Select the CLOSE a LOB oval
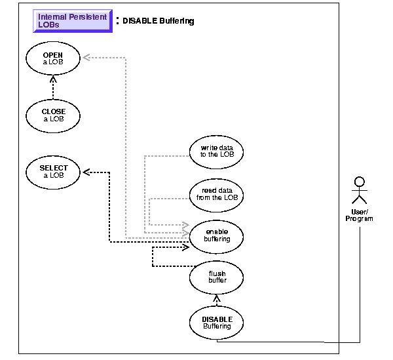coord(54,115)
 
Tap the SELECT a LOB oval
coord(54,172)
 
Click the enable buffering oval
coord(216,235)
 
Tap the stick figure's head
coord(358,181)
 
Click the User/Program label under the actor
coord(359,215)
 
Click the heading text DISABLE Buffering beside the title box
coord(159,21)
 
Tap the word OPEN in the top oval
coord(54,55)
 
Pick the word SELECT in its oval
coord(54,168)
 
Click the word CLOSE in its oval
coord(54,111)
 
